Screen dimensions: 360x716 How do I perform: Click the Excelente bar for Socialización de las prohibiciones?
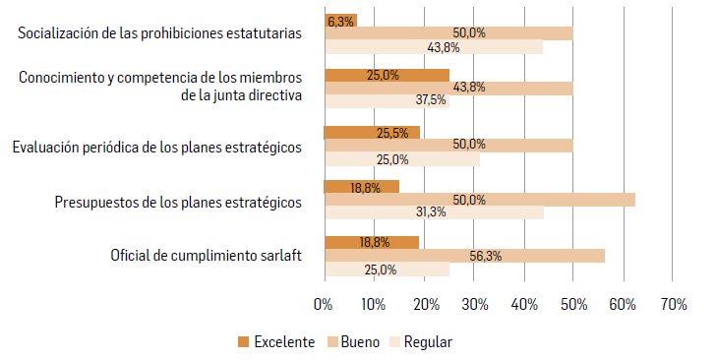pos(340,20)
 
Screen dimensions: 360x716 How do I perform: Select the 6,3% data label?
pos(340,20)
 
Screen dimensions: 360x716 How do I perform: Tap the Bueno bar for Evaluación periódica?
pos(448,145)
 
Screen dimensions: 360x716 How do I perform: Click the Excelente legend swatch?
pos(244,342)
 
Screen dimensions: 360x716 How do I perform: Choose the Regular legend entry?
pos(422,342)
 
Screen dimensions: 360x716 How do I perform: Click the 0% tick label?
pos(324,306)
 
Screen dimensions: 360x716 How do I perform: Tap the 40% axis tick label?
pos(522,306)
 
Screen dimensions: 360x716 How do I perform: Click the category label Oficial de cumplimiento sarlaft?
pos(206,257)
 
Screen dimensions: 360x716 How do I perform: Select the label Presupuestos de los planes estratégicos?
pos(177,203)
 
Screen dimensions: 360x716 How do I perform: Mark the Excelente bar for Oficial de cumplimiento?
pos(371,242)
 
